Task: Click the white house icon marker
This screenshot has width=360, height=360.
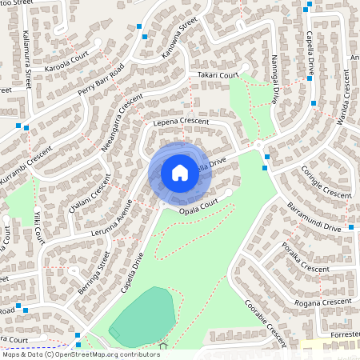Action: tap(180, 172)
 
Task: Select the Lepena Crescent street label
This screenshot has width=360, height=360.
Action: tap(180, 122)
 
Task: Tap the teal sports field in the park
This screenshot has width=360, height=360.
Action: tap(144, 314)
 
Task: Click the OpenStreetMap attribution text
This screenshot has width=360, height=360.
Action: tap(80, 354)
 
